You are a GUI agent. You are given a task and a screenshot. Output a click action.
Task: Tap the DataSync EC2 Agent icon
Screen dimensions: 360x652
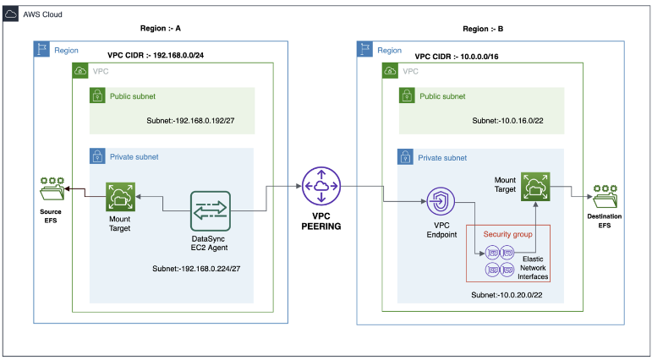click(x=210, y=211)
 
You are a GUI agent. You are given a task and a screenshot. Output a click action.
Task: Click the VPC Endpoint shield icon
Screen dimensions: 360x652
click(x=441, y=202)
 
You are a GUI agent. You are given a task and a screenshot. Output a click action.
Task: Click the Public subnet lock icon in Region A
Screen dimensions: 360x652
click(x=97, y=96)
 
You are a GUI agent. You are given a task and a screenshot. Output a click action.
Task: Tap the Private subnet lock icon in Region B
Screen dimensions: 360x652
click(x=406, y=157)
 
